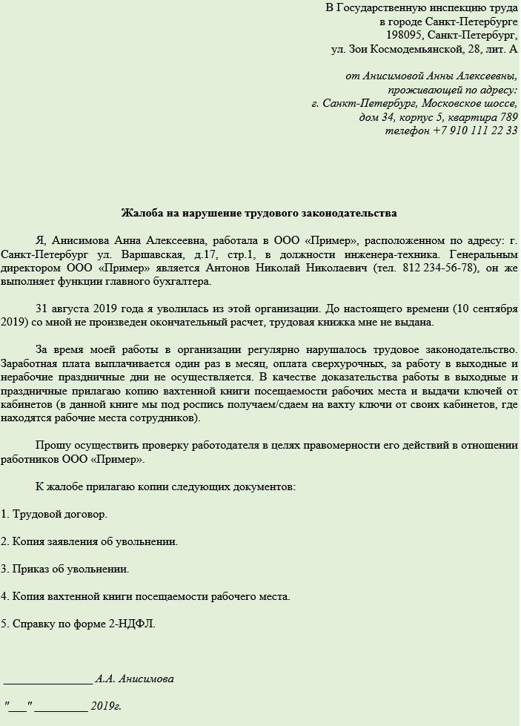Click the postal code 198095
[404, 35]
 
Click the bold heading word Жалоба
[140, 214]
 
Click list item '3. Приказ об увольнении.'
[65, 569]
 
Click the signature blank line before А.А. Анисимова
[48, 679]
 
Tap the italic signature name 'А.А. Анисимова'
[135, 679]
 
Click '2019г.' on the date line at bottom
[106, 706]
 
